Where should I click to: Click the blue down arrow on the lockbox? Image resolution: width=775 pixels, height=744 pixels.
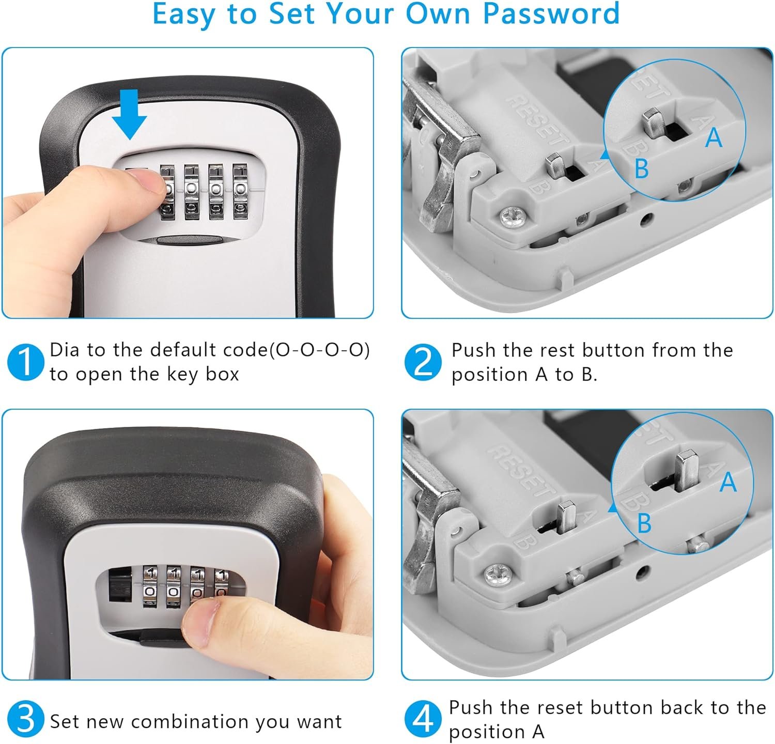[x=129, y=114]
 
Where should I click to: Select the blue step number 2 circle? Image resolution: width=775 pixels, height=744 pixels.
[x=423, y=362]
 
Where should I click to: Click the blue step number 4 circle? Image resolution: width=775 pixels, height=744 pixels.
[x=423, y=719]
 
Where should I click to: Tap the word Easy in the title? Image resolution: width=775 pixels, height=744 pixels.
[x=183, y=14]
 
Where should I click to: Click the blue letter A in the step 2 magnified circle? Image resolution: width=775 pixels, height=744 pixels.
[x=714, y=137]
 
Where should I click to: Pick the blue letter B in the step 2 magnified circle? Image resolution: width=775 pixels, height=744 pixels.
[x=641, y=168]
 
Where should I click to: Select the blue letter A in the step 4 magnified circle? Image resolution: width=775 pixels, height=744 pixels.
[x=728, y=482]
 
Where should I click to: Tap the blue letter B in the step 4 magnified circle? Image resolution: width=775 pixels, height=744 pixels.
[x=644, y=523]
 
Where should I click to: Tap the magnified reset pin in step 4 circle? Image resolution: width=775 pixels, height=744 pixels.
[x=686, y=471]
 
